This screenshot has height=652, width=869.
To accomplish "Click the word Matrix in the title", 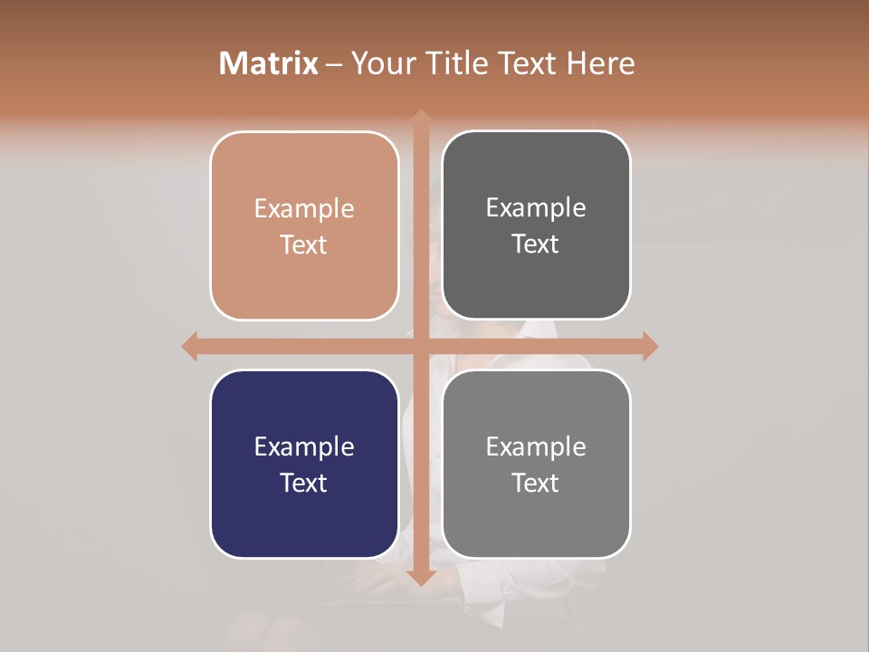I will coord(269,63).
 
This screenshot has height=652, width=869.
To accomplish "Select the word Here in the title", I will coord(600,63).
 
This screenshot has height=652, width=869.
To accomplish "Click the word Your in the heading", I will coord(381,63).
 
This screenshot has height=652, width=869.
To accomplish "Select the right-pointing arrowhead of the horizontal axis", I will coord(649,346).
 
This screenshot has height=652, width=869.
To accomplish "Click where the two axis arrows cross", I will coord(420,346).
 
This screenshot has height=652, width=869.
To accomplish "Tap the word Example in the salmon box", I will coord(304,209).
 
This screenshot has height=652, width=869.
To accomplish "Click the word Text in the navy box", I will coord(304,483).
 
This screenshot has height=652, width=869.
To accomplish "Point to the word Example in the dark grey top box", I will coord(536,208).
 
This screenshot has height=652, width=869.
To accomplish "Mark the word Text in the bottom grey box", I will coord(536,483).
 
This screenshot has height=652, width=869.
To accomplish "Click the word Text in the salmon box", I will coord(304,244).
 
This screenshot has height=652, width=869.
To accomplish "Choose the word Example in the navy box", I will coord(304,447).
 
